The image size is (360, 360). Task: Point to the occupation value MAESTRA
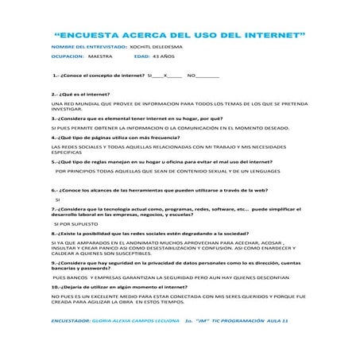100,58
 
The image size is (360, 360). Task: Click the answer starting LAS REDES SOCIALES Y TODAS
168,149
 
